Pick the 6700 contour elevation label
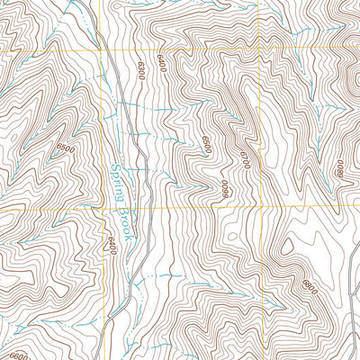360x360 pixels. [242, 161]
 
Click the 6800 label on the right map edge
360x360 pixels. [340, 167]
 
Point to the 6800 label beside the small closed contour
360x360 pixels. [310, 288]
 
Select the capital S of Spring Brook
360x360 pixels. [115, 165]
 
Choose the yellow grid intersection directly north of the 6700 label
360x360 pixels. [262, 49]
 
